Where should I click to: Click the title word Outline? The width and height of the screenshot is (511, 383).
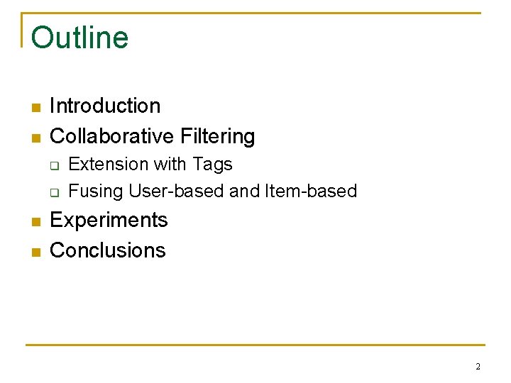click(80, 37)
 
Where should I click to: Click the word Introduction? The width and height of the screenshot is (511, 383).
click(105, 106)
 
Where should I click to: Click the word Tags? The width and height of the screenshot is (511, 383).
click(211, 165)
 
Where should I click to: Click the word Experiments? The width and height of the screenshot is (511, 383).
click(109, 221)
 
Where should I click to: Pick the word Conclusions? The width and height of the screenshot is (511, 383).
click(108, 250)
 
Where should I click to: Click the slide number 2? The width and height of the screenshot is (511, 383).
click(478, 367)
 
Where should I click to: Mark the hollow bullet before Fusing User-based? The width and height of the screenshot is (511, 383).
click(54, 192)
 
